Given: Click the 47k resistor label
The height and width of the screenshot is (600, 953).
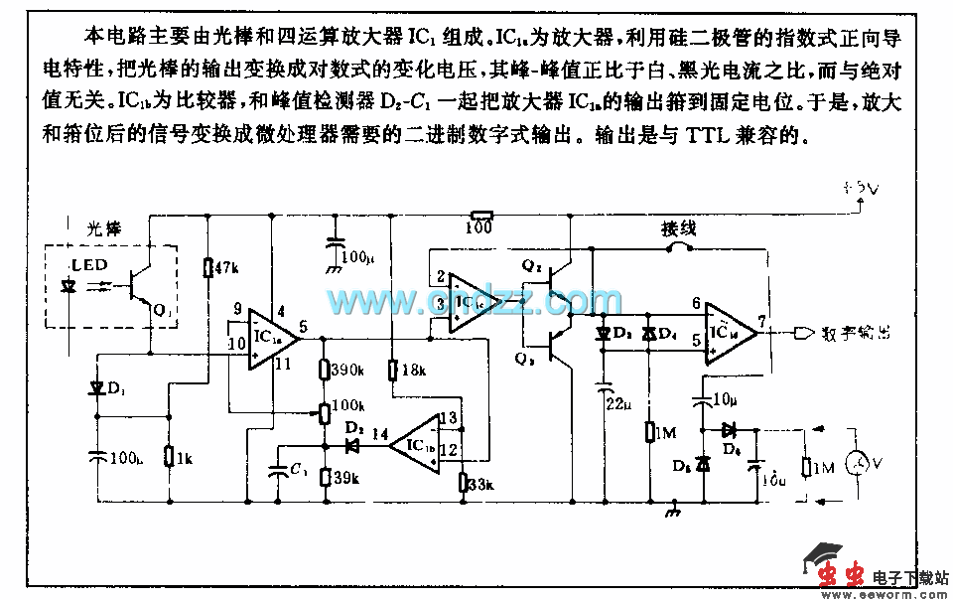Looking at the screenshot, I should pyautogui.click(x=226, y=267).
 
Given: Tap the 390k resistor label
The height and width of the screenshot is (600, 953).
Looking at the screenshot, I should pyautogui.click(x=347, y=369).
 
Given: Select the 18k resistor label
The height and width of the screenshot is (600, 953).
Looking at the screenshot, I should pyautogui.click(x=412, y=370).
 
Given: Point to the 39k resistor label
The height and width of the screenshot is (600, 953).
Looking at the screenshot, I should pyautogui.click(x=346, y=477).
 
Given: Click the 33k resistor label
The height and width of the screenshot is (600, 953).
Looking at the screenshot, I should pyautogui.click(x=480, y=484).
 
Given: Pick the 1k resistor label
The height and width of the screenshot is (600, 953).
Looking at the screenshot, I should pyautogui.click(x=183, y=457).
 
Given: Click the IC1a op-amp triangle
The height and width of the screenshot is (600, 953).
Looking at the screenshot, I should pyautogui.click(x=269, y=336).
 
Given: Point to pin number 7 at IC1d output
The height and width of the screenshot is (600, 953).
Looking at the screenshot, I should pyautogui.click(x=762, y=321).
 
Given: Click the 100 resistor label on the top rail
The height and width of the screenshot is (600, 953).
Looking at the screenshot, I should pyautogui.click(x=480, y=228).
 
